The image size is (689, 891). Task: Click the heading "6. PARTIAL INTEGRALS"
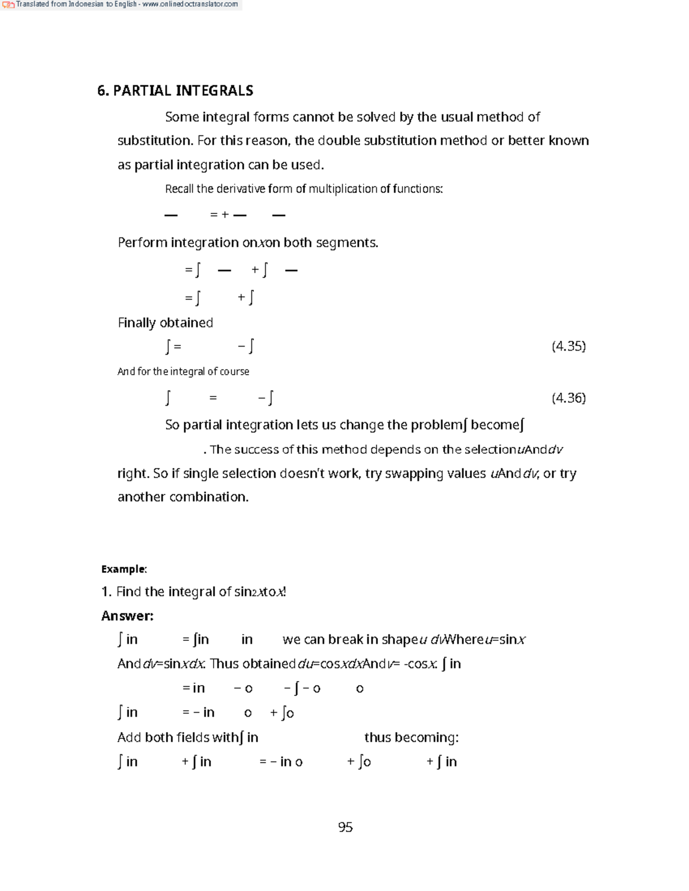(x=175, y=91)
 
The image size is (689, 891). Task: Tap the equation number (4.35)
(x=568, y=346)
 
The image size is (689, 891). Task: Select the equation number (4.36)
(x=568, y=398)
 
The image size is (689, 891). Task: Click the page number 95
(x=345, y=827)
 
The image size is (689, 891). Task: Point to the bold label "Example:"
(x=124, y=569)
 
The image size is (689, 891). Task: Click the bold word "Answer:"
(x=127, y=616)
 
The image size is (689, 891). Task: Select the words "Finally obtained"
(x=165, y=322)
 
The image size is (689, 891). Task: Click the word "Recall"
(x=179, y=189)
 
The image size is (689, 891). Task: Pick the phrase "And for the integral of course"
(x=183, y=371)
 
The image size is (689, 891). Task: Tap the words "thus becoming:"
(x=411, y=737)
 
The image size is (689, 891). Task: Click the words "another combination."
(x=183, y=497)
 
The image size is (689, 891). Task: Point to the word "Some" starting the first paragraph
(x=182, y=117)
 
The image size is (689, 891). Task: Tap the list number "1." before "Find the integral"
(x=106, y=592)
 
